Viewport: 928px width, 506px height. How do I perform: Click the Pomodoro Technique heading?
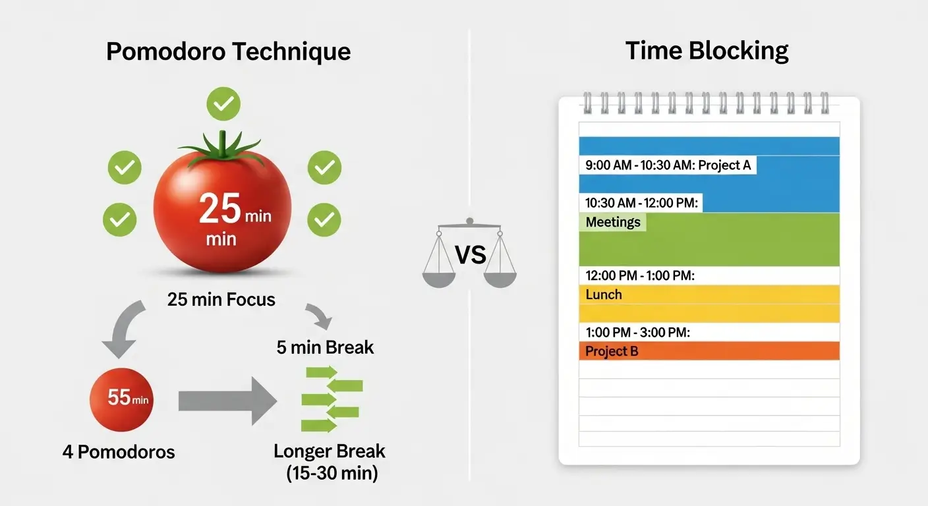[228, 51]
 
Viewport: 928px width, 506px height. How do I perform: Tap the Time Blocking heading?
[707, 51]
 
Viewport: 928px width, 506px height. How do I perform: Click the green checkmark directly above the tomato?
[223, 104]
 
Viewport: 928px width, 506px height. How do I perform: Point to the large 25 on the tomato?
[220, 210]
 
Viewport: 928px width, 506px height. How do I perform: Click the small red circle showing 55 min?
[121, 398]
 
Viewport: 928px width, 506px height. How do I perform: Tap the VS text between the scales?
[471, 254]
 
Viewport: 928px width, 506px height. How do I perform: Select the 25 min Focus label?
[221, 300]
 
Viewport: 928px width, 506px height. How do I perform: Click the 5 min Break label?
[325, 347]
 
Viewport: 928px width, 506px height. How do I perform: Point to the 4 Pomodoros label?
[119, 452]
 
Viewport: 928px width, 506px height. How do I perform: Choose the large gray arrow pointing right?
[227, 400]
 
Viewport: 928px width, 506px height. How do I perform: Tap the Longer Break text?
[330, 452]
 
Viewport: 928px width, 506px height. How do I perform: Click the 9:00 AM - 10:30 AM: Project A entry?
[668, 165]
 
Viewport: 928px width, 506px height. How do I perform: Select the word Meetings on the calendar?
[613, 222]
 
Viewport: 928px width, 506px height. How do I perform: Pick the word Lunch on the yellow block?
[604, 295]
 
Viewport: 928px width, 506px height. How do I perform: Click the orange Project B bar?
[709, 351]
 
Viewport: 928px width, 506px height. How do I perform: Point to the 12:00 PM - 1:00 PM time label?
[640, 275]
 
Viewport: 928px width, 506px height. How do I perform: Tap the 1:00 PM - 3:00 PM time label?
[637, 333]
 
